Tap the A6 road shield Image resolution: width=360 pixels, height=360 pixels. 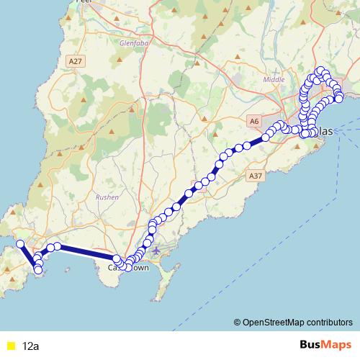point(253,122)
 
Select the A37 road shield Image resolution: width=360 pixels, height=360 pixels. point(254,175)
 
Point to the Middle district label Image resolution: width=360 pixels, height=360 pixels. point(274,79)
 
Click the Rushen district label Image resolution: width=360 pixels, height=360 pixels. point(107,196)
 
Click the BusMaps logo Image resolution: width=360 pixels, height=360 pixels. point(325,346)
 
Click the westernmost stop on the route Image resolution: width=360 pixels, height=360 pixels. point(20,243)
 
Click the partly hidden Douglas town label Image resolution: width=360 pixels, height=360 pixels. point(324,132)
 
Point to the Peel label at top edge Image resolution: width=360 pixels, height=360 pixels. point(85,2)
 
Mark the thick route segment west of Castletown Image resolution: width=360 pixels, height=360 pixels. point(86,251)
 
